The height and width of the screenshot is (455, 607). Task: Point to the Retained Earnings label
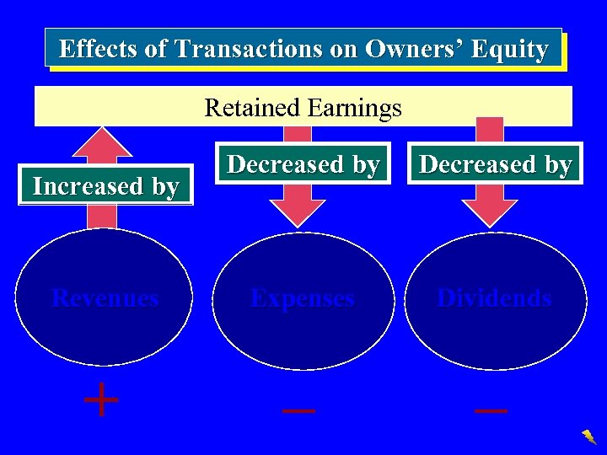tap(303, 108)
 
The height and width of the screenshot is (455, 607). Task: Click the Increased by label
tap(105, 185)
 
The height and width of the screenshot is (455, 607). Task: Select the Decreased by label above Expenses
tap(303, 163)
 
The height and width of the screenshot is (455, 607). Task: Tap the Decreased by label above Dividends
tap(495, 163)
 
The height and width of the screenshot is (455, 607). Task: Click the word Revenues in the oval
tap(105, 297)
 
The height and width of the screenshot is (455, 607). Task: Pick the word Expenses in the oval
tap(303, 297)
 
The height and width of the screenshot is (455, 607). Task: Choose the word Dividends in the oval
tap(495, 297)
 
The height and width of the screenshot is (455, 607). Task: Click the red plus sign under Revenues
tap(102, 400)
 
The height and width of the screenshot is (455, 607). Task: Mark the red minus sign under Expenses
tap(299, 410)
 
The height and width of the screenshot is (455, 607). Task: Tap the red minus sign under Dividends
tap(492, 410)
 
